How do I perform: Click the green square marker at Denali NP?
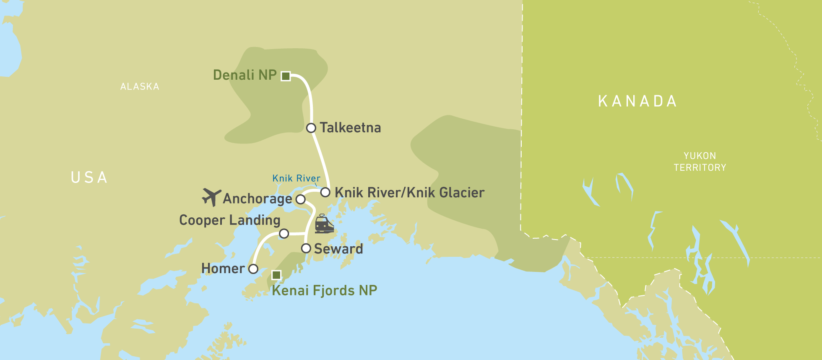pyautogui.click(x=286, y=76)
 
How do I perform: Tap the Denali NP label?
pyautogui.click(x=245, y=75)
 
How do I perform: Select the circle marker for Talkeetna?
pyautogui.click(x=311, y=128)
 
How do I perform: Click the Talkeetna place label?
pyautogui.click(x=350, y=128)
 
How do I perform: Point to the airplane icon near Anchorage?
pyautogui.click(x=211, y=197)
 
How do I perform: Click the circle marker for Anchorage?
pyautogui.click(x=300, y=199)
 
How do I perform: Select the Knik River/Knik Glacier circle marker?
pyautogui.click(x=325, y=193)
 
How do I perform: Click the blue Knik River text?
pyautogui.click(x=296, y=178)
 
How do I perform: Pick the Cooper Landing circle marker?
pyautogui.click(x=284, y=233)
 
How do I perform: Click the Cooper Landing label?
pyautogui.click(x=229, y=220)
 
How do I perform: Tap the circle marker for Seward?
pyautogui.click(x=306, y=248)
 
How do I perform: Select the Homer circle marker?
pyautogui.click(x=253, y=269)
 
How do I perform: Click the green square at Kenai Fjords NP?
pyautogui.click(x=276, y=275)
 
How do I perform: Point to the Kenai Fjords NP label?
pyautogui.click(x=324, y=290)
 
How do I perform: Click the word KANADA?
pyautogui.click(x=637, y=101)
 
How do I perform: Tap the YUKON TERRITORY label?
pyautogui.click(x=700, y=162)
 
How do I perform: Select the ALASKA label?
pyautogui.click(x=140, y=87)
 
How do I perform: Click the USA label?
pyautogui.click(x=89, y=177)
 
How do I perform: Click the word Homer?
pyautogui.click(x=223, y=269)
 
